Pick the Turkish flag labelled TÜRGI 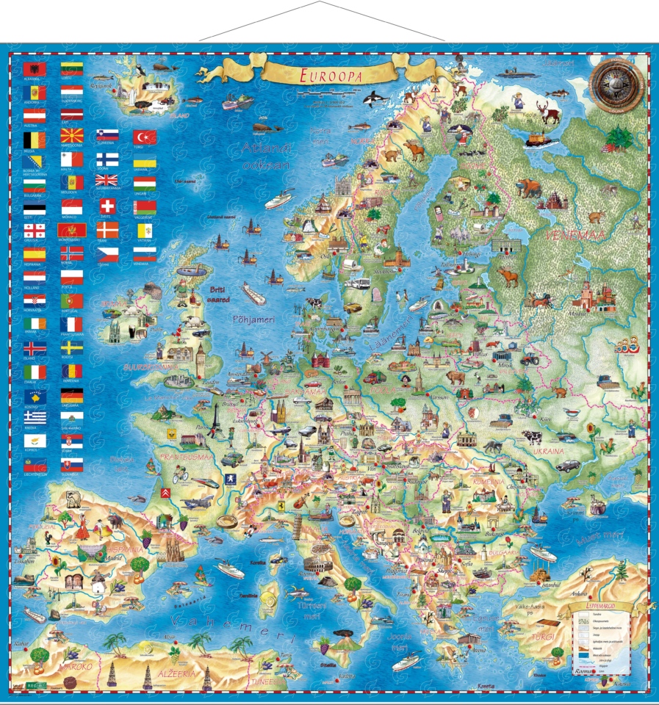point(145,137)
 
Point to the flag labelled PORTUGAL point(72,301)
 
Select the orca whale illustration point(373,96)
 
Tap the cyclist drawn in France point(181,474)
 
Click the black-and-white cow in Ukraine point(533,437)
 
